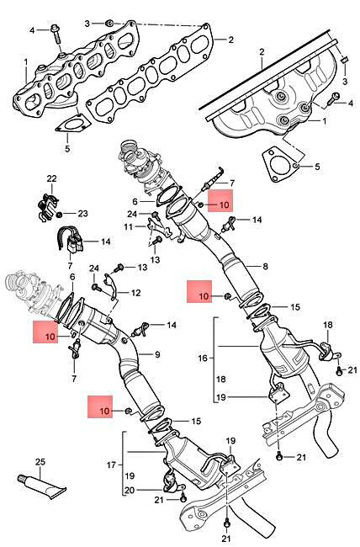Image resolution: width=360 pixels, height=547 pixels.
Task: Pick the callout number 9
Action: tap(156, 355)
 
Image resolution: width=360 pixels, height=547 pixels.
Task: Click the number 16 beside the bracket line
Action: tap(202, 358)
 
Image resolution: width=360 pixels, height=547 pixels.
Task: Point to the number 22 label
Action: tap(50, 178)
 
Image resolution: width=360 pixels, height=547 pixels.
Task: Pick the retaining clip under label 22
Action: tap(47, 202)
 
